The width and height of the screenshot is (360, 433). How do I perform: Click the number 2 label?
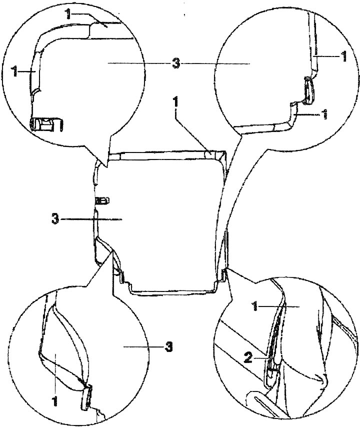(x=248, y=358)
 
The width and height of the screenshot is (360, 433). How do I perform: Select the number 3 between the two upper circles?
(x=176, y=64)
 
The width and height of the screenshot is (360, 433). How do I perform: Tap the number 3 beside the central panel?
(x=55, y=219)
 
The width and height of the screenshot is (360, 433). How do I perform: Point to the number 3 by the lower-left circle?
(x=168, y=347)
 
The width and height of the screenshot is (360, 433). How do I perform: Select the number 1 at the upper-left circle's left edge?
(x=15, y=71)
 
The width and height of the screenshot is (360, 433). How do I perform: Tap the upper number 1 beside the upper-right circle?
(x=343, y=56)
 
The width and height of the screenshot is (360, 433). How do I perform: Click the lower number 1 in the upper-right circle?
(x=324, y=114)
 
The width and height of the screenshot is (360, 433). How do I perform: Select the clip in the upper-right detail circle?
(x=308, y=91)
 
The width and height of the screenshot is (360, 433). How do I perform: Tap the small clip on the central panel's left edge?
(x=101, y=200)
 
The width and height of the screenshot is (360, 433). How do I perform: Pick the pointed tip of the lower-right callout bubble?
(x=226, y=269)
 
